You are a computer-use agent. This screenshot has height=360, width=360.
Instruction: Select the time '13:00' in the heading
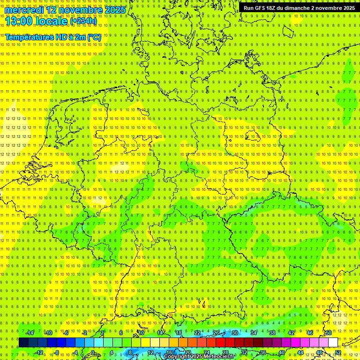pyautogui.click(x=18, y=21)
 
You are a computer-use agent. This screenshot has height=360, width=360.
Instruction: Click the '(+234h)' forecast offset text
pyautogui.click(x=83, y=21)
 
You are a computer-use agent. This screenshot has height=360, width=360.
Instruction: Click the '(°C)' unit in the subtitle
pyautogui.click(x=93, y=37)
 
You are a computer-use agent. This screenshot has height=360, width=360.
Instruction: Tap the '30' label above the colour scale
pyautogui.click(x=235, y=333)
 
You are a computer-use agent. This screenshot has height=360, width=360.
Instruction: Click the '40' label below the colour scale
pyautogui.click(x=282, y=352)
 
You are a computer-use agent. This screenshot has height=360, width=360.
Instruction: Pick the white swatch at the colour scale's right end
pyautogui.click(x=333, y=343)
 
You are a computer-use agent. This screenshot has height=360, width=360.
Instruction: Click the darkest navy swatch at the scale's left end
pyautogui.click(x=23, y=343)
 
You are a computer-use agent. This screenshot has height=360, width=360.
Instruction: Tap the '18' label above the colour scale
pyautogui.click(x=179, y=333)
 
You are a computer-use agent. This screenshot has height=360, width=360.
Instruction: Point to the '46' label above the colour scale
pyautogui.click(x=310, y=333)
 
